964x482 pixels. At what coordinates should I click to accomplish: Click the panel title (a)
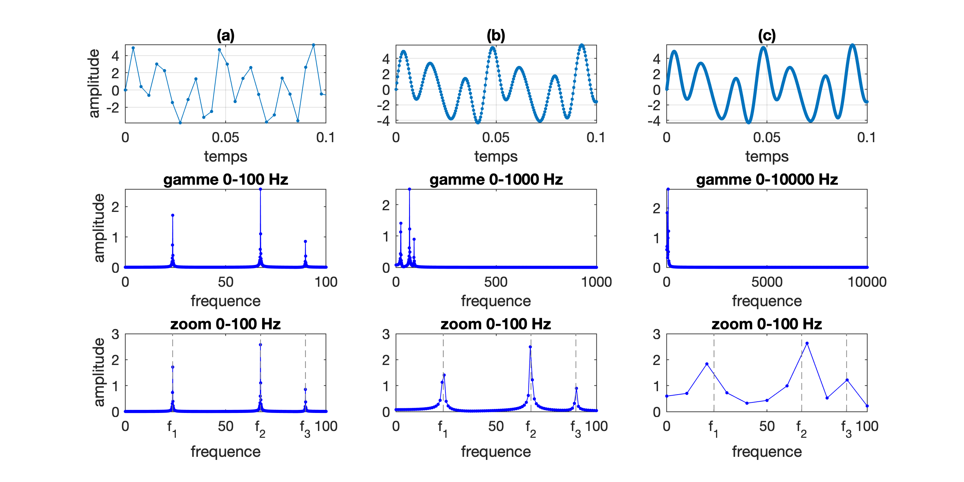[x=225, y=36]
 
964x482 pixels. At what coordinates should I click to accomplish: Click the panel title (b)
[x=495, y=36]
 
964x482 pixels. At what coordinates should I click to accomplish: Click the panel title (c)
[x=766, y=36]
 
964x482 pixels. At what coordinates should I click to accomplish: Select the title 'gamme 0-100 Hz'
[x=225, y=180]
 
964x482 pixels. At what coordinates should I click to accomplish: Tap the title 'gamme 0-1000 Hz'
[x=495, y=180]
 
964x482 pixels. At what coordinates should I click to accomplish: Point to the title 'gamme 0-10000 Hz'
[x=766, y=180]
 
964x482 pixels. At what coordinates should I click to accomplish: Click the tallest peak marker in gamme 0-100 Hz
[x=260, y=189]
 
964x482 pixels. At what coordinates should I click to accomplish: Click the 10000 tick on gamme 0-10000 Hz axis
[x=867, y=282]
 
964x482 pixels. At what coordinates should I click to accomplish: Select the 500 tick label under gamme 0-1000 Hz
[x=495, y=282]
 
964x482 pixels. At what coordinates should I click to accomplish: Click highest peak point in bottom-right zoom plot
[x=807, y=343]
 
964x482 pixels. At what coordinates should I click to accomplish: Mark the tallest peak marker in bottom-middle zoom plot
[x=530, y=347]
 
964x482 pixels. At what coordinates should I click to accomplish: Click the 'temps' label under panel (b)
[x=495, y=156]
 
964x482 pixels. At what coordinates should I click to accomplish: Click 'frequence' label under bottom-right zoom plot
[x=766, y=452]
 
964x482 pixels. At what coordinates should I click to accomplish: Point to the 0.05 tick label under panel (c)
[x=766, y=137]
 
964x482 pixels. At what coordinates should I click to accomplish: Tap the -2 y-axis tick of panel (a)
[x=112, y=108]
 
